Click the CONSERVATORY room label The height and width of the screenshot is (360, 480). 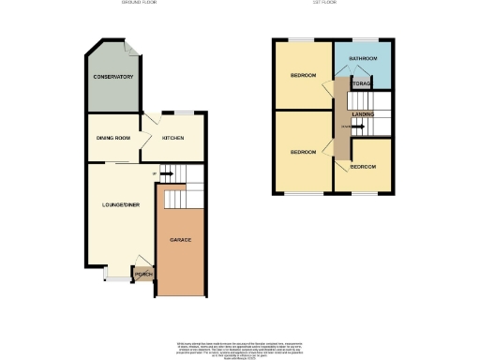pyautogui.click(x=112, y=77)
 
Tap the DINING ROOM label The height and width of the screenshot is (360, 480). pyautogui.click(x=112, y=139)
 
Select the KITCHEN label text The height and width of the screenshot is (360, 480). pyautogui.click(x=172, y=139)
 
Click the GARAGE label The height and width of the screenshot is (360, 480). pyautogui.click(x=181, y=241)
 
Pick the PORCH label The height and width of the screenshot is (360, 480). pyautogui.click(x=143, y=275)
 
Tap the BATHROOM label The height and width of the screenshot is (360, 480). pyautogui.click(x=363, y=59)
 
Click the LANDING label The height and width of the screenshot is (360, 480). pyautogui.click(x=364, y=114)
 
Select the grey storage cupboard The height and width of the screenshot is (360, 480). pyautogui.click(x=362, y=83)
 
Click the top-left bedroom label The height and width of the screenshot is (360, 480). pyautogui.click(x=303, y=75)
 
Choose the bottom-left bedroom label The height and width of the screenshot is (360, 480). pyautogui.click(x=303, y=152)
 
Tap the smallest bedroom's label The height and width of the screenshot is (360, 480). pyautogui.click(x=363, y=167)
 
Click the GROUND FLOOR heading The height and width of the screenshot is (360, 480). pyautogui.click(x=140, y=3)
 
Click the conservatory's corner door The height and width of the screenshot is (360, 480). pyautogui.click(x=132, y=49)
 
